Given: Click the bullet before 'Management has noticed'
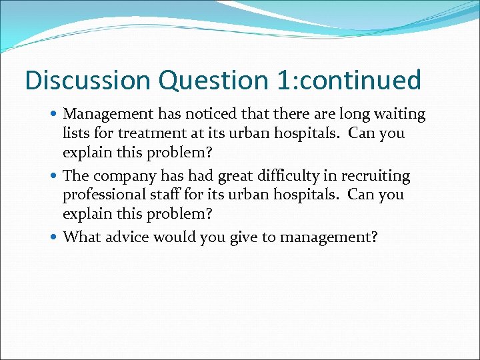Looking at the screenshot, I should (55, 114).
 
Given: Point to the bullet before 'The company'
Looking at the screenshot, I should (55, 176).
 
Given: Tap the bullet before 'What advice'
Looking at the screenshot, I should (55, 238).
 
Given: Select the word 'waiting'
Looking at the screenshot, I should (400, 114).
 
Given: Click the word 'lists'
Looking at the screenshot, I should (75, 133).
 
